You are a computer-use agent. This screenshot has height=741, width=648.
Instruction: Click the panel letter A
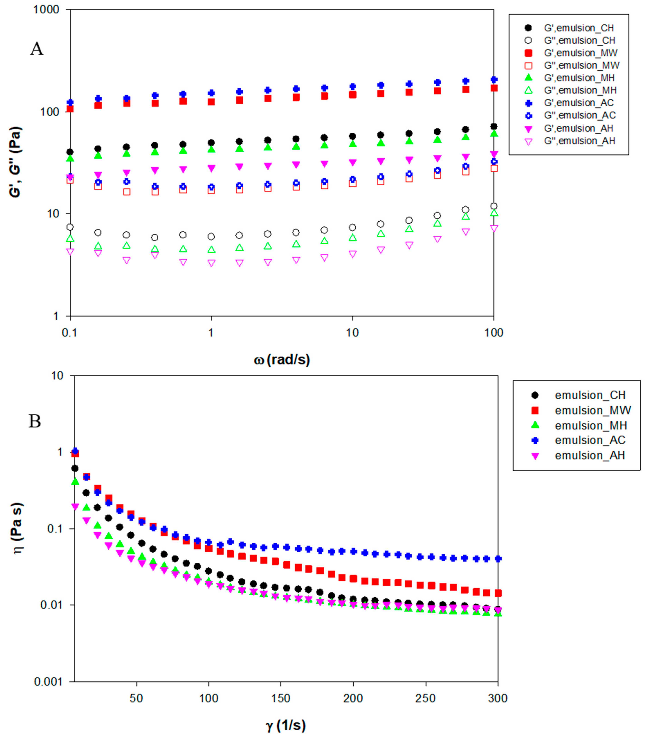(x=36, y=48)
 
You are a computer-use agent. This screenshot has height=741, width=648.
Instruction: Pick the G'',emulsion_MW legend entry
(x=581, y=66)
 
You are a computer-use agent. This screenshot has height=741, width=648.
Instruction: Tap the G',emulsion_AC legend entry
(x=578, y=103)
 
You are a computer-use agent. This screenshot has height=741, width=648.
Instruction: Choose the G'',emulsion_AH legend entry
(x=579, y=141)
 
